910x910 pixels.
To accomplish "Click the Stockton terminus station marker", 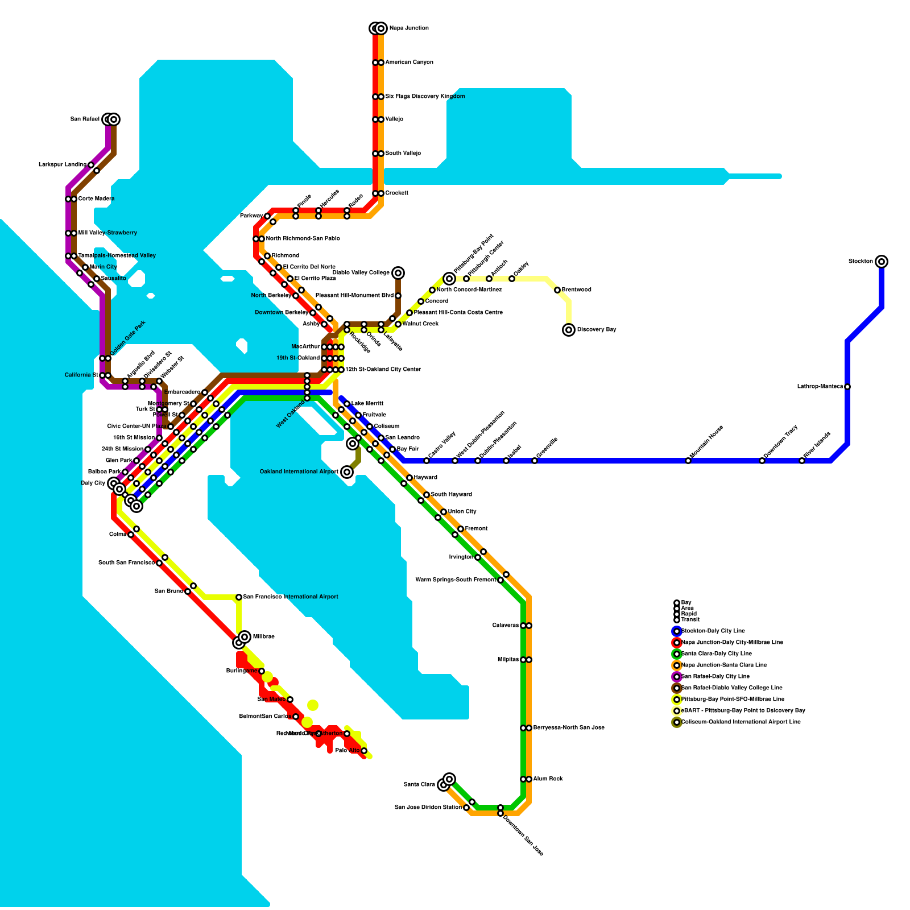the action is click(x=882, y=262).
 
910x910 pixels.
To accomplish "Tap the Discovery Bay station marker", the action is click(x=569, y=330).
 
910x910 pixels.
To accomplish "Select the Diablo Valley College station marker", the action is click(x=398, y=273).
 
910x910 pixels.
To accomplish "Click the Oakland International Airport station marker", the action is click(x=347, y=472).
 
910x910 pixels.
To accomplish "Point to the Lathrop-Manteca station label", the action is click(x=820, y=387).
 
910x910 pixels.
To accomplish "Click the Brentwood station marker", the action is click(x=557, y=290).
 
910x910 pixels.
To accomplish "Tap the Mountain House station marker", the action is click(x=688, y=461).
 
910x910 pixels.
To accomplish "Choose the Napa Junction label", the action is click(x=409, y=28).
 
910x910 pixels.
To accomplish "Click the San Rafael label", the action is click(x=85, y=119).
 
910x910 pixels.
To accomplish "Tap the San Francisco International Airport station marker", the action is click(x=239, y=597).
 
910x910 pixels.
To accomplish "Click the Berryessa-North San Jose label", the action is click(x=569, y=728).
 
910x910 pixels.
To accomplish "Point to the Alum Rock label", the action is click(x=548, y=779).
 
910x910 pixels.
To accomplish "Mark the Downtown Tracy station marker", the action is click(x=762, y=461).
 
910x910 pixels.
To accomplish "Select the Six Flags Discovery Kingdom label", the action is click(x=425, y=97).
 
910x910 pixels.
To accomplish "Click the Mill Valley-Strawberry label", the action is click(x=107, y=233).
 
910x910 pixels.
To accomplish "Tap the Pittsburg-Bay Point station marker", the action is click(x=449, y=279).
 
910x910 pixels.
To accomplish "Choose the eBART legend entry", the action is click(x=743, y=711).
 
